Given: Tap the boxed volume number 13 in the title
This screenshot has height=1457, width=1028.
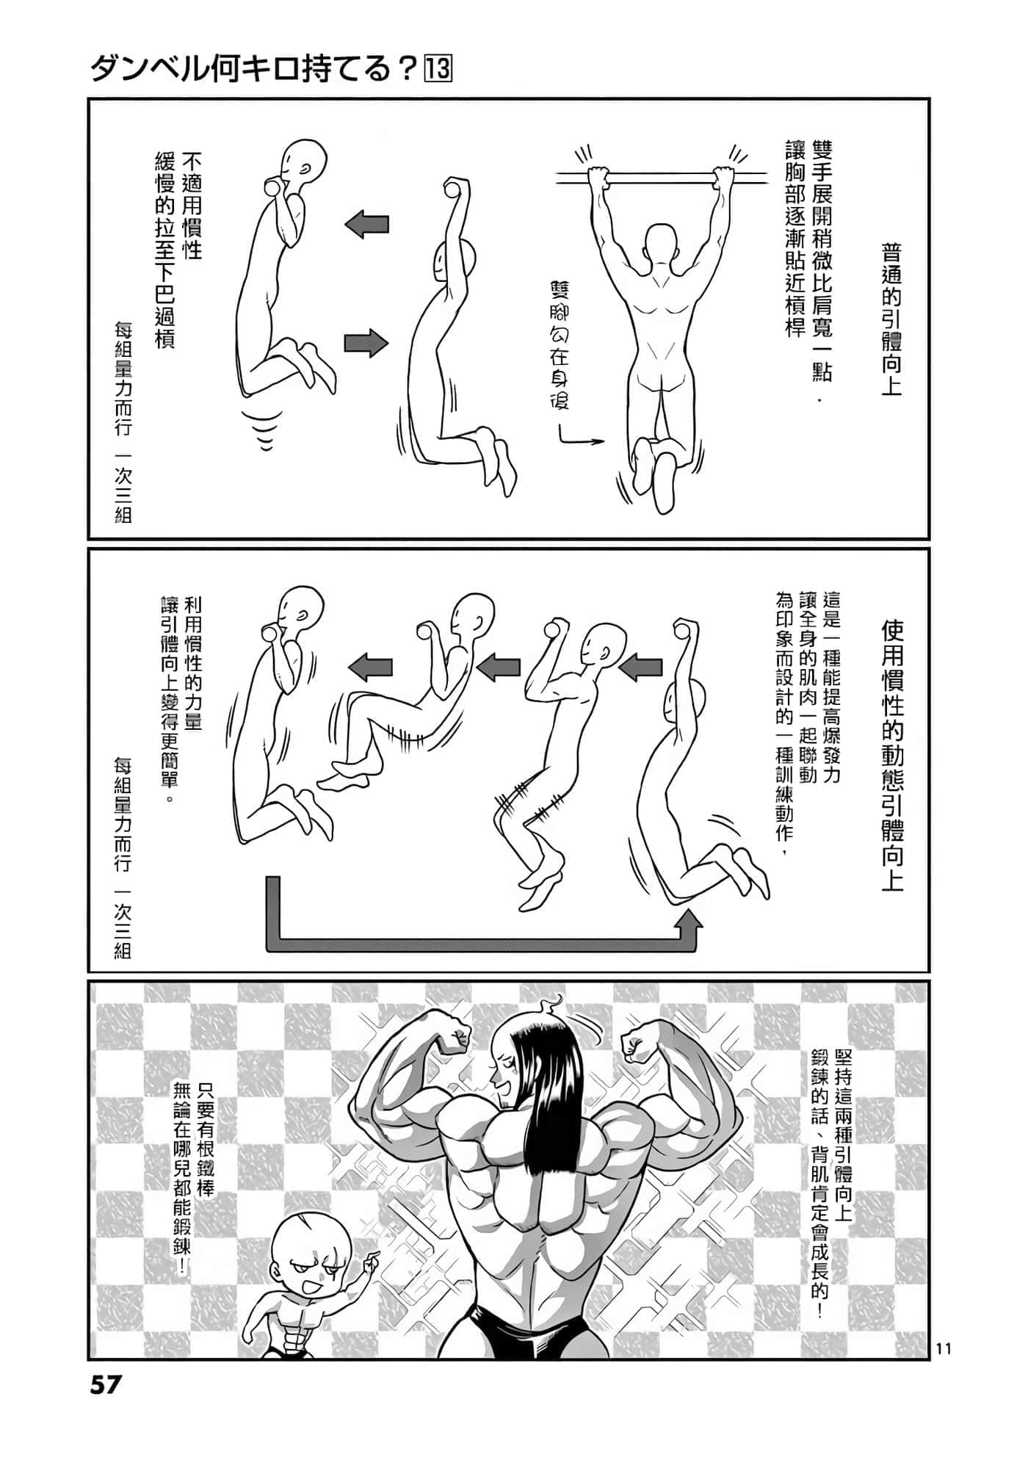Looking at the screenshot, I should point(438,70).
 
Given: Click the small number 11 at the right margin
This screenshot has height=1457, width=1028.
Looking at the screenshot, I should point(944,1348).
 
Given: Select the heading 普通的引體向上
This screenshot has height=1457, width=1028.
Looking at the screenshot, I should point(891,320).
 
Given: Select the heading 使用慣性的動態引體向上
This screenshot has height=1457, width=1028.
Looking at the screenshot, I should point(892,756).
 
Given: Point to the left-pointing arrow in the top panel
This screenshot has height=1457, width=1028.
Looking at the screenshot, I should point(366,225).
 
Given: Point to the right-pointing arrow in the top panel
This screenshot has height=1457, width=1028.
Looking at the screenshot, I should point(366,342).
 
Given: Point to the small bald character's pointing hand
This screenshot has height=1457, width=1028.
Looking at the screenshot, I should point(370,1261).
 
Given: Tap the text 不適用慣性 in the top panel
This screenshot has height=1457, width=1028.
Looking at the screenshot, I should point(192,206).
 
